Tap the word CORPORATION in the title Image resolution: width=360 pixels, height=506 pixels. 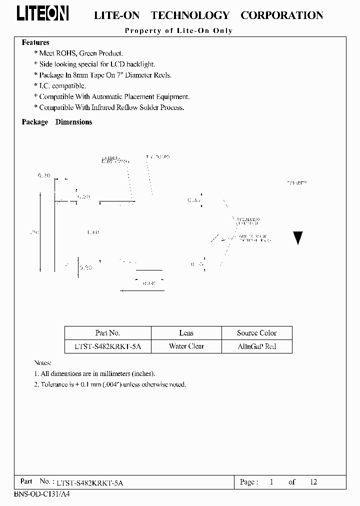tap(281, 15)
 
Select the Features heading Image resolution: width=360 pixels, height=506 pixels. tap(35, 43)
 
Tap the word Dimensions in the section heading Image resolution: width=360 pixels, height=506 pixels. tap(73, 122)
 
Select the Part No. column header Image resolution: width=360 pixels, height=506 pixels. tap(107, 333)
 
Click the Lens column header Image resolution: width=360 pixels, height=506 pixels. tap(186, 333)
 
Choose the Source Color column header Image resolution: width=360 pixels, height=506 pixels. tap(257, 333)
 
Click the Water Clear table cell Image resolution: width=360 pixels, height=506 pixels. tap(186, 346)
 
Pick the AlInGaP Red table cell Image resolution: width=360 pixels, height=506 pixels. tap(257, 346)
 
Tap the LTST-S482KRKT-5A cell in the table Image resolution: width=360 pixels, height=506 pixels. tap(107, 346)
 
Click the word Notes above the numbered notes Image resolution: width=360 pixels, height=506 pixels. tap(42, 362)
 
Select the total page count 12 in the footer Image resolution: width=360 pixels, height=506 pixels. tap(313, 482)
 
